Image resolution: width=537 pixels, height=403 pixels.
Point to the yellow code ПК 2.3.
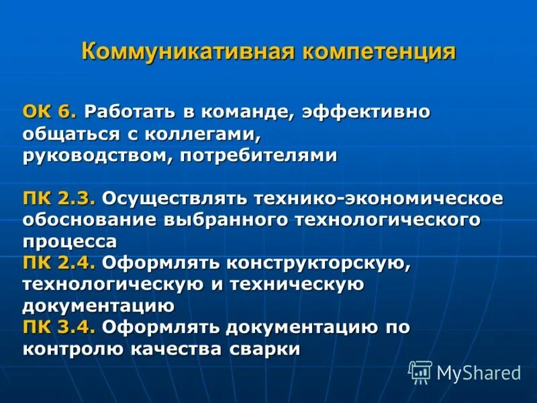coord(60,199)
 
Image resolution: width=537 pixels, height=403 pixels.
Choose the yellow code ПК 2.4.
coord(60,263)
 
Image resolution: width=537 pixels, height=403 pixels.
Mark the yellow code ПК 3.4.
coord(60,327)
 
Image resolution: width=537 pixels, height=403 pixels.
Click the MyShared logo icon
coord(421,371)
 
